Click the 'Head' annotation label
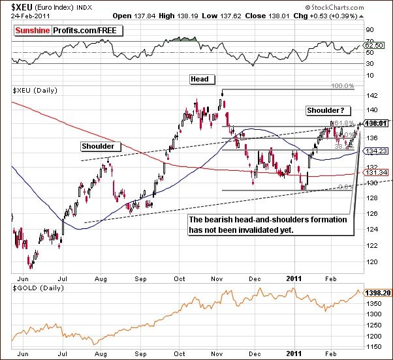point(200,80)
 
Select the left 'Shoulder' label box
point(97,146)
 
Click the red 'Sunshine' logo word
point(36,30)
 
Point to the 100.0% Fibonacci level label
point(343,86)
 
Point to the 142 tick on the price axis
point(370,95)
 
